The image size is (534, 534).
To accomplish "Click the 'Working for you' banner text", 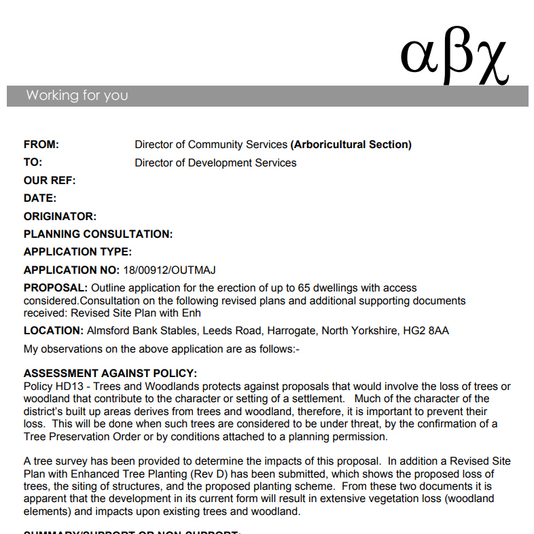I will [x=77, y=95].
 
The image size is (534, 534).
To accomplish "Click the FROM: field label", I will [x=41, y=145].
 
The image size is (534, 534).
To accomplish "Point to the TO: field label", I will [x=33, y=162].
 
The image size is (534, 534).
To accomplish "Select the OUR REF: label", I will [x=50, y=181].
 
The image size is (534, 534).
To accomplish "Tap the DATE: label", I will [x=40, y=198].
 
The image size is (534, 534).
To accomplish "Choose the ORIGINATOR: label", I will [x=60, y=217].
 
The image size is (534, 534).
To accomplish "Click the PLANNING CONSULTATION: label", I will [x=98, y=234].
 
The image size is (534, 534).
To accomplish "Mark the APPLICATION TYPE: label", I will [x=77, y=252].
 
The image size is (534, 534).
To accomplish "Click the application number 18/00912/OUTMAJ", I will [x=170, y=270].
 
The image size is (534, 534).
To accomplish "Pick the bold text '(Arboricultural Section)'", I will [x=351, y=145].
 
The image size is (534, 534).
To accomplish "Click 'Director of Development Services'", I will [x=215, y=162].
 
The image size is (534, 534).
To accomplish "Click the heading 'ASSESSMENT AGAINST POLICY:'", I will [x=110, y=374].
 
